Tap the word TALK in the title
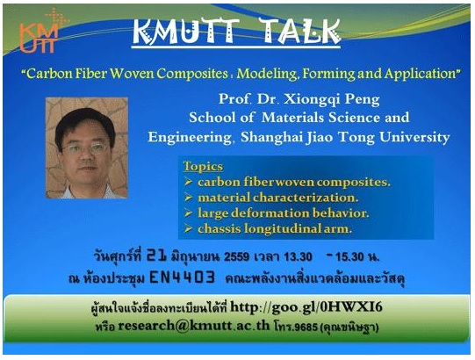tap(300, 32)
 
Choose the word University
tap(414, 137)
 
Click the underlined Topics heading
tap(203, 166)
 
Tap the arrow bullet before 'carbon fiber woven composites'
tap(188, 182)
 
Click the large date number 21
tap(156, 256)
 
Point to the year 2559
tap(236, 257)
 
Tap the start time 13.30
tap(298, 257)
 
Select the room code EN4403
tap(183, 277)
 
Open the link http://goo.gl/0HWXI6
tap(306, 307)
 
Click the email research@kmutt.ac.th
tap(193, 326)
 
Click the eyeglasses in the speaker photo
tap(85, 148)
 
